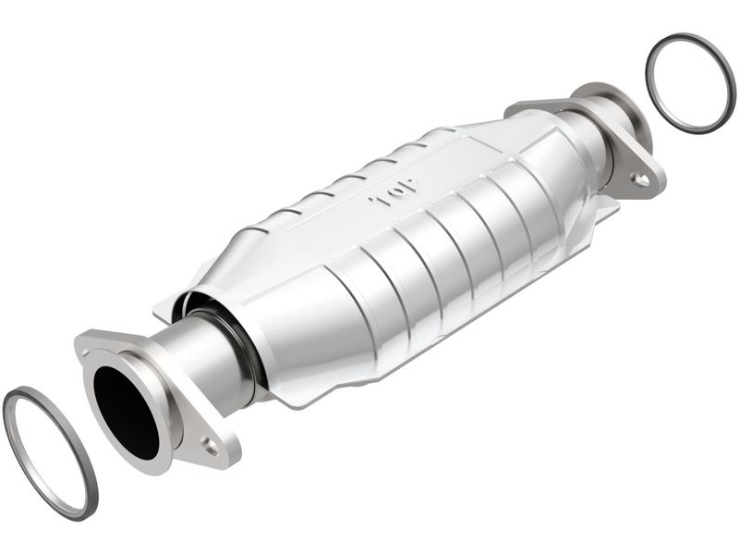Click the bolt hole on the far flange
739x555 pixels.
tap(640, 179)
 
